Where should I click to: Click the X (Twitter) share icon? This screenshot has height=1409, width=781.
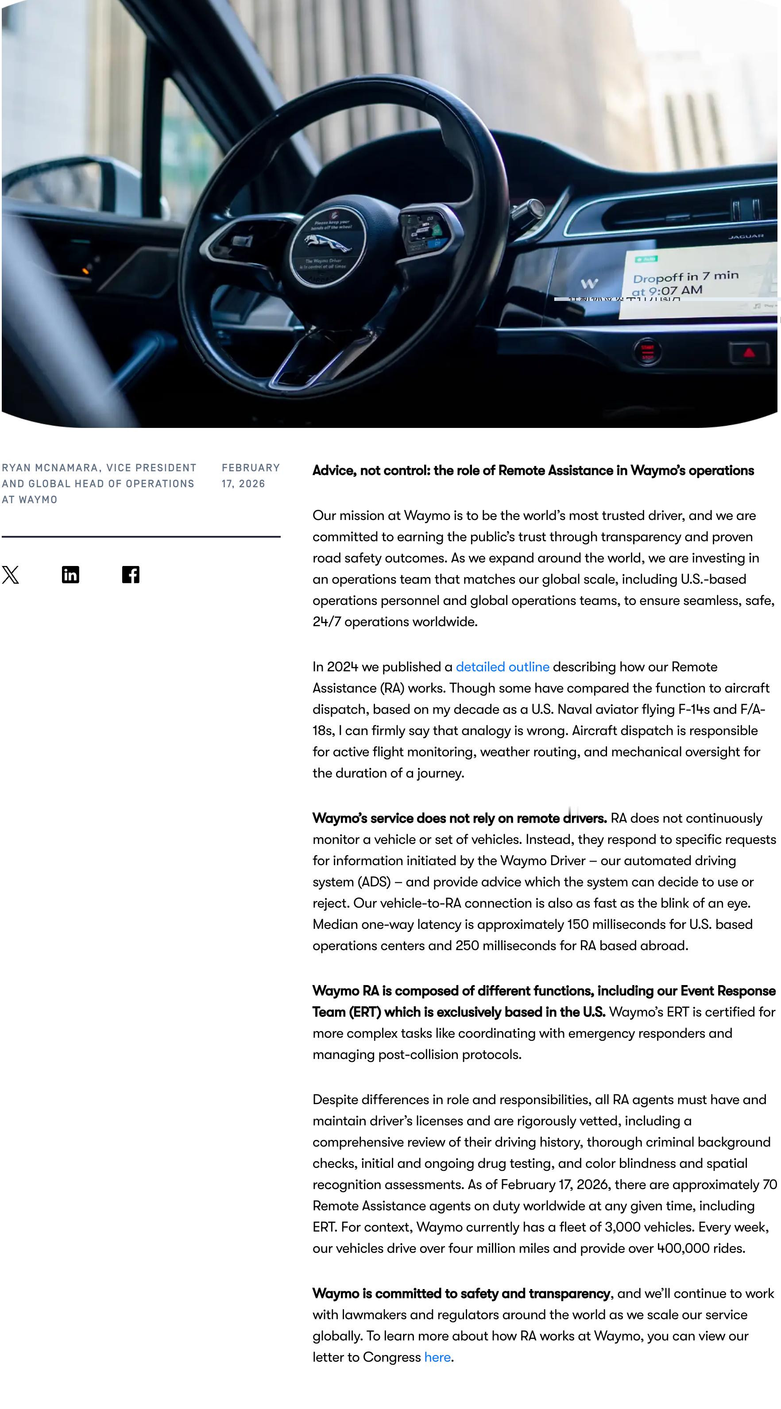(x=10, y=575)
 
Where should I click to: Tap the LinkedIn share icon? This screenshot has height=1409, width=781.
(x=70, y=575)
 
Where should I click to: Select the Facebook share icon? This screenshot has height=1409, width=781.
(x=131, y=575)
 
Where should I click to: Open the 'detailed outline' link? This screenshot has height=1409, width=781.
(x=502, y=667)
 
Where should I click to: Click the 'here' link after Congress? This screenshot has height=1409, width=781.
(x=437, y=1357)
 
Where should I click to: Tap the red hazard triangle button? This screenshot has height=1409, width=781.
(x=749, y=353)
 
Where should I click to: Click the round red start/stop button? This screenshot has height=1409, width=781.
(x=647, y=351)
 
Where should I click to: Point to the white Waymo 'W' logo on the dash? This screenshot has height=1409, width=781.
(x=589, y=283)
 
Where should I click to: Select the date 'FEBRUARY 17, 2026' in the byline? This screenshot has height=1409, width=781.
(x=251, y=476)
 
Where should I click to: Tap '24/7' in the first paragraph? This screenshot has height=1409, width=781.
(x=326, y=622)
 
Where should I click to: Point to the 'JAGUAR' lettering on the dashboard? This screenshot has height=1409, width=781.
(x=746, y=236)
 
